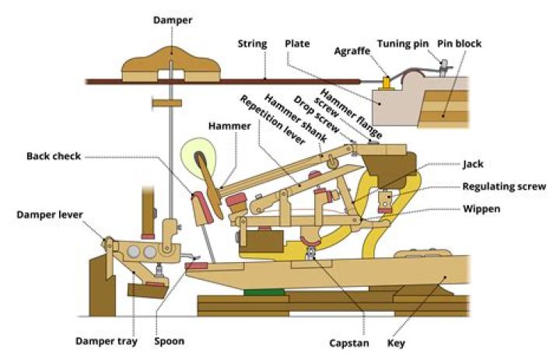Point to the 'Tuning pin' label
(402, 44)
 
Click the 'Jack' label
(473, 165)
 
